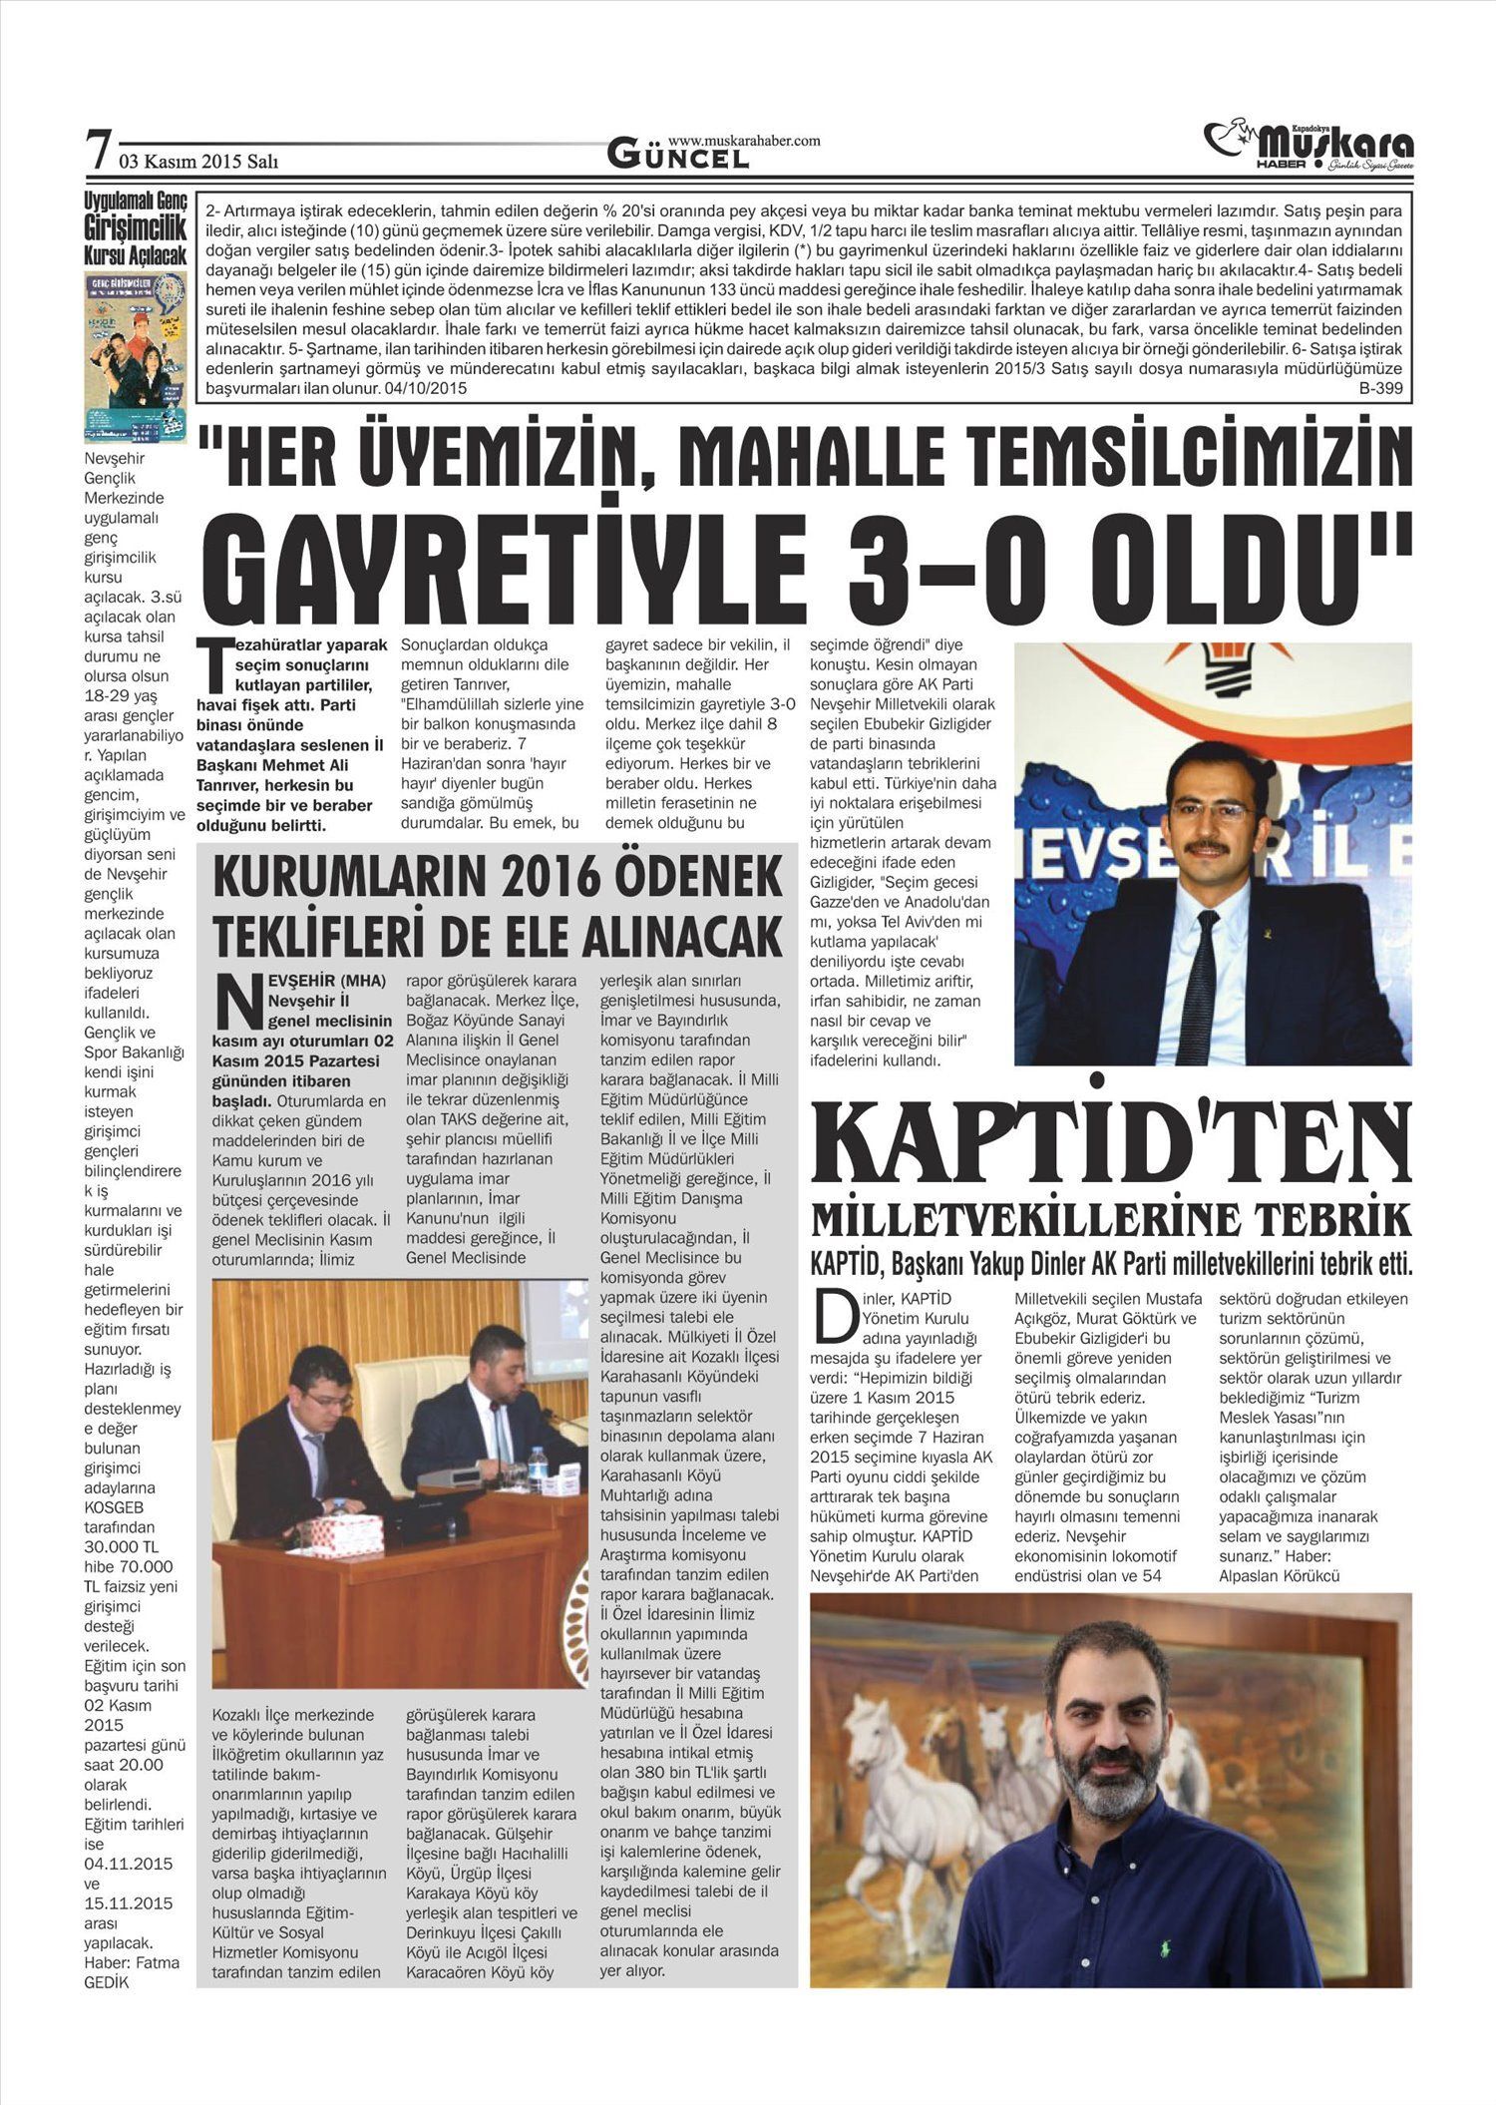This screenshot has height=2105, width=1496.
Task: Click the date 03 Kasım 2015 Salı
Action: coord(198,161)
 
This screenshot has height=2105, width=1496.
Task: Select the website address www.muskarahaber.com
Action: coord(744,141)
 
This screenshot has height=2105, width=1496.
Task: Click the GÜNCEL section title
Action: coord(678,157)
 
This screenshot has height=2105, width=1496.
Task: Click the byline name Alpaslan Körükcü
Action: coord(1279,1576)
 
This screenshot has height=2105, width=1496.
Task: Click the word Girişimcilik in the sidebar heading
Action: coord(135,228)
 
